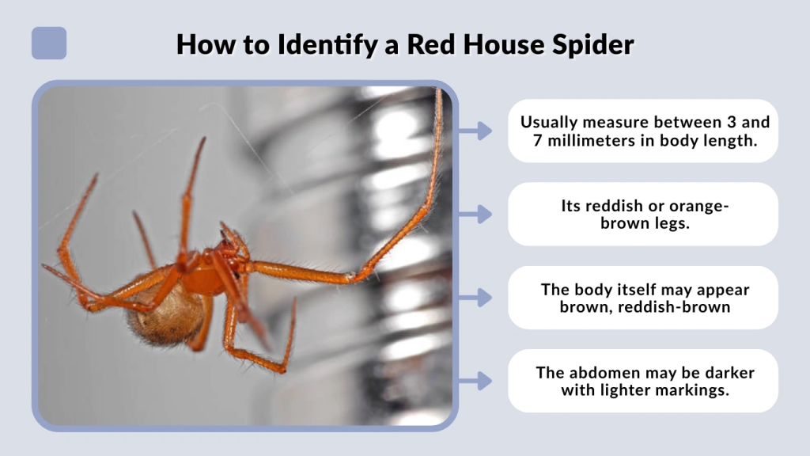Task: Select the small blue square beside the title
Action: tap(49, 44)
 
